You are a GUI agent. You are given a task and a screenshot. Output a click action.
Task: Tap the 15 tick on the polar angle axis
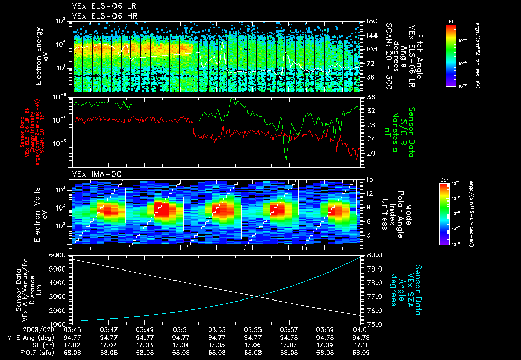coord(369,179)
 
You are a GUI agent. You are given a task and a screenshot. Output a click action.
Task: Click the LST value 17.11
coord(360,344)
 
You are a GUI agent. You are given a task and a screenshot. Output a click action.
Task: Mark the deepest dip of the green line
coord(286,159)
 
